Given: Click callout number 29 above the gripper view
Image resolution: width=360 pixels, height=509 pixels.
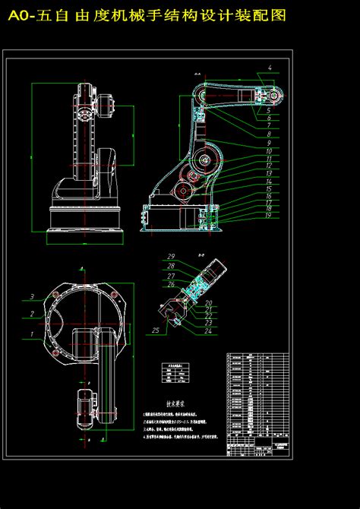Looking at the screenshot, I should [172, 256].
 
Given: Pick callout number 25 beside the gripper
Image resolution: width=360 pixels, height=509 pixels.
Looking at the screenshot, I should [155, 330].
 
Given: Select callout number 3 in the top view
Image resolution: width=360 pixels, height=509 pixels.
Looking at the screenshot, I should [32, 296].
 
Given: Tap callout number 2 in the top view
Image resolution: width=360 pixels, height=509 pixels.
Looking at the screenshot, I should [32, 313].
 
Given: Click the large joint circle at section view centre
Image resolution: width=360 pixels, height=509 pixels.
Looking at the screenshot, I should [204, 162].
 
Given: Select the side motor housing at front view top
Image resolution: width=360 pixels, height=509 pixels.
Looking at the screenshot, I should [106, 106].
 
